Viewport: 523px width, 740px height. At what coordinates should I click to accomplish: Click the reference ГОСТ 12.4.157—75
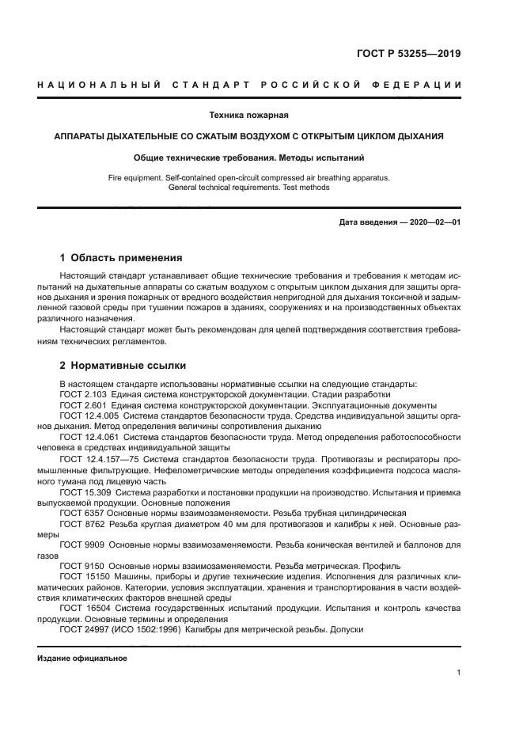click(x=97, y=459)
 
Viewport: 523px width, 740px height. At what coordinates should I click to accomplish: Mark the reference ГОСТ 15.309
click(x=84, y=491)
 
